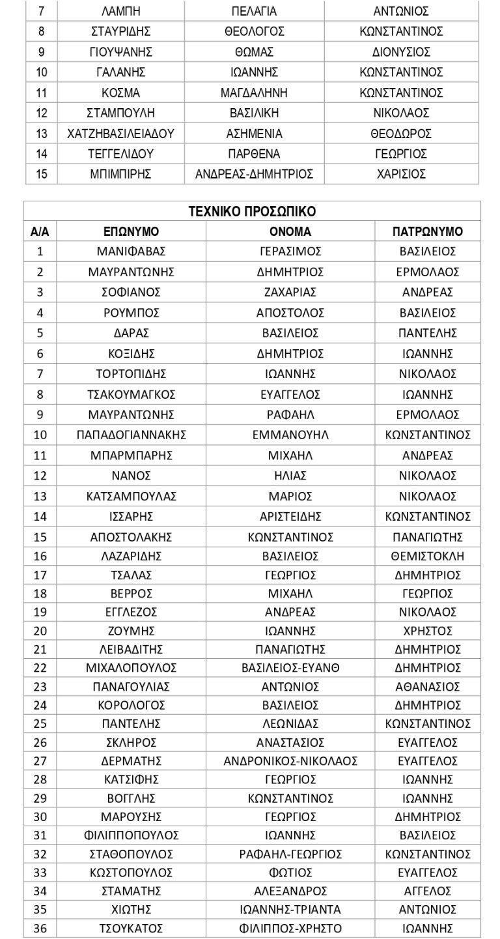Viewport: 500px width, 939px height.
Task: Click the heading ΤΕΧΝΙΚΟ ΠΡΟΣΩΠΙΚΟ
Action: pyautogui.click(x=252, y=212)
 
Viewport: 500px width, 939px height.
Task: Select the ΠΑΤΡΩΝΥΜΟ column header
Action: pyautogui.click(x=427, y=231)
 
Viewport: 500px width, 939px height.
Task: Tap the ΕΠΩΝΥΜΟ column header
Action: pyautogui.click(x=131, y=231)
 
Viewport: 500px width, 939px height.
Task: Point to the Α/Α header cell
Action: pyautogui.click(x=40, y=231)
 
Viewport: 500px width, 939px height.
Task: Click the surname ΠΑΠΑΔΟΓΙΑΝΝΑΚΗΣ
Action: pyautogui.click(x=131, y=435)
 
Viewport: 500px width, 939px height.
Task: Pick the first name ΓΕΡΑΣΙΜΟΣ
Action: pyautogui.click(x=290, y=252)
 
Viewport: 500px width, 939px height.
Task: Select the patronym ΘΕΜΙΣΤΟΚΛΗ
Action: pyautogui.click(x=427, y=556)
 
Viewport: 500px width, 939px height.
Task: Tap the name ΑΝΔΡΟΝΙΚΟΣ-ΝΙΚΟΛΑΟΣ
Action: pyautogui.click(x=290, y=760)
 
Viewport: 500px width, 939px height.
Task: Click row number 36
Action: pyautogui.click(x=40, y=929)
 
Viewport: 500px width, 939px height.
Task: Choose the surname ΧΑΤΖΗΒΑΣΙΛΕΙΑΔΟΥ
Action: pyautogui.click(x=120, y=134)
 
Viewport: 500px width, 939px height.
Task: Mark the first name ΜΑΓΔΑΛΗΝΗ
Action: pyautogui.click(x=254, y=93)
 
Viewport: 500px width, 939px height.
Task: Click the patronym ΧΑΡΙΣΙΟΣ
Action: pyautogui.click(x=401, y=174)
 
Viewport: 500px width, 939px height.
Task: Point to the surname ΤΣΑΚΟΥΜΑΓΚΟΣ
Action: pyautogui.click(x=131, y=394)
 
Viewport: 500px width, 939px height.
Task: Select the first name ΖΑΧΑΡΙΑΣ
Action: pyautogui.click(x=290, y=292)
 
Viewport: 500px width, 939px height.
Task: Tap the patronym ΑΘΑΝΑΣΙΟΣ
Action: pyautogui.click(x=427, y=686)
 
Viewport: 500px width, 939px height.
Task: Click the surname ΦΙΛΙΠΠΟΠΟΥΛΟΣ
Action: pyautogui.click(x=131, y=835)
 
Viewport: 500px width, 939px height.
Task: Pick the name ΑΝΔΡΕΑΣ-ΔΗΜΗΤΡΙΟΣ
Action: pyautogui.click(x=254, y=174)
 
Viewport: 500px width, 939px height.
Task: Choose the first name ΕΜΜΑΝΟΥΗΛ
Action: pyautogui.click(x=290, y=435)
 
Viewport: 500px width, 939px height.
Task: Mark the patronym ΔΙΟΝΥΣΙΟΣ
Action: pyautogui.click(x=401, y=52)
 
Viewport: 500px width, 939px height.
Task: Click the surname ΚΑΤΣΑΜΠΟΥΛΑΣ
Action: pyautogui.click(x=131, y=496)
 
